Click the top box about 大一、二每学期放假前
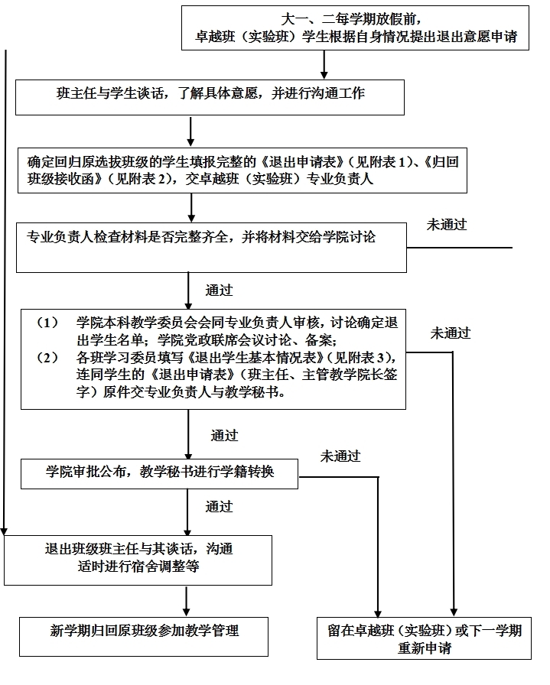(x=355, y=28)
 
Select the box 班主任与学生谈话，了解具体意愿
(x=210, y=95)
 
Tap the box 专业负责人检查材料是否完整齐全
(x=211, y=247)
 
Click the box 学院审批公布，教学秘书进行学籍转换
(x=159, y=472)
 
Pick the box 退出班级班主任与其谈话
(x=138, y=560)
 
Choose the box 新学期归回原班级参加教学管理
(x=144, y=635)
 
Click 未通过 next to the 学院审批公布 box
(x=340, y=456)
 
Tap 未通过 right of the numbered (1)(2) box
(x=450, y=333)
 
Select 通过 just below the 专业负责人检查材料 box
(x=219, y=291)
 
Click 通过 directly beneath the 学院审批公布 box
(x=219, y=506)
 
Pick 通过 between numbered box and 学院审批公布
(x=224, y=436)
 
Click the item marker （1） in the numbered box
(x=48, y=322)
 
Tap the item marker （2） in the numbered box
(x=48, y=357)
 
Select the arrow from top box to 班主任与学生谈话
(x=324, y=64)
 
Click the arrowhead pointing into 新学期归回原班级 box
(x=187, y=611)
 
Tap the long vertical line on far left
(x=7, y=291)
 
